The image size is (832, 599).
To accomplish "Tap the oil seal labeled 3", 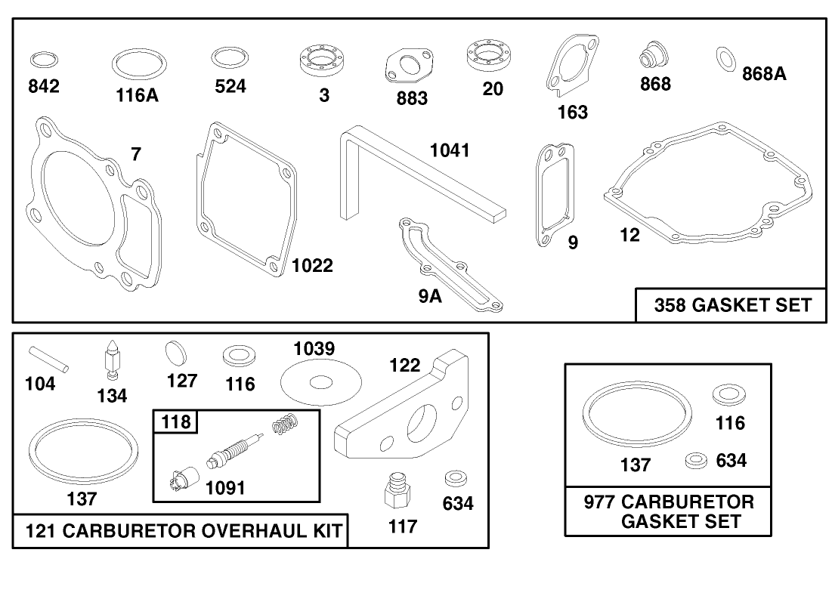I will (322, 60).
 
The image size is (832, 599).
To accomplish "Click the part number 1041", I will (450, 150).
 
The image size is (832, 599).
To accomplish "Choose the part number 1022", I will (312, 265).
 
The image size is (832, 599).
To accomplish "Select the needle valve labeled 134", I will (112, 359).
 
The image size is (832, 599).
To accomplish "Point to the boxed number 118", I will (175, 421).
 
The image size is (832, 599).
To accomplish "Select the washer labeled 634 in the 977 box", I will (694, 460).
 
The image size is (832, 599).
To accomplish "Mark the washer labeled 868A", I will (727, 58).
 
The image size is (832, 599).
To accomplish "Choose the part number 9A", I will (430, 295).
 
